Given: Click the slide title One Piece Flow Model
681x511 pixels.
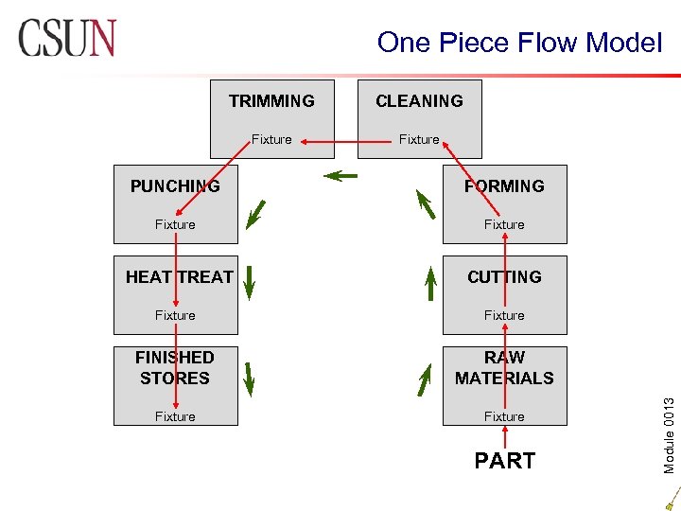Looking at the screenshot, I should [x=519, y=43].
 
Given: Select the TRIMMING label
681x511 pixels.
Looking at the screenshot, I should [x=271, y=101].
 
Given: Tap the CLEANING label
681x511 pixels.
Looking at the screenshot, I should [x=419, y=101].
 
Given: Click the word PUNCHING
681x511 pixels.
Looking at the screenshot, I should [x=175, y=186].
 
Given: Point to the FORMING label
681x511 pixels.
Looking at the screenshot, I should [x=504, y=186].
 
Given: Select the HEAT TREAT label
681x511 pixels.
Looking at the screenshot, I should [x=180, y=277].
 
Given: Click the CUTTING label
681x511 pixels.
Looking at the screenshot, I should [x=504, y=277].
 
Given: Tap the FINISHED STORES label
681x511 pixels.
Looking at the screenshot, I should [x=175, y=367].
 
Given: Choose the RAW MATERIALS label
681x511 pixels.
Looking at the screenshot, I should [x=504, y=367].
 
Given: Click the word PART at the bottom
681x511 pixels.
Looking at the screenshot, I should [x=504, y=461].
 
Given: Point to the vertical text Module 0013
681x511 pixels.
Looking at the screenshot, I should [x=669, y=409].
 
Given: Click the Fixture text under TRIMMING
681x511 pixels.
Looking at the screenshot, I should [x=271, y=140].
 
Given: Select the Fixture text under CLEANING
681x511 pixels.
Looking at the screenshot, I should [x=419, y=140].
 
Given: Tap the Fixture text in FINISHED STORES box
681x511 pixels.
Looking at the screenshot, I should [x=175, y=416].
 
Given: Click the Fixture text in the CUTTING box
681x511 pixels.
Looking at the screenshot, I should [x=504, y=315].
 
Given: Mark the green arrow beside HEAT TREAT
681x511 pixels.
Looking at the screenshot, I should [x=249, y=282].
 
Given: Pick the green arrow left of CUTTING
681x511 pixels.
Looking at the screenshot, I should [x=430, y=282].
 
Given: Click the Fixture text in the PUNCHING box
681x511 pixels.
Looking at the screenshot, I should [x=175, y=224].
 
